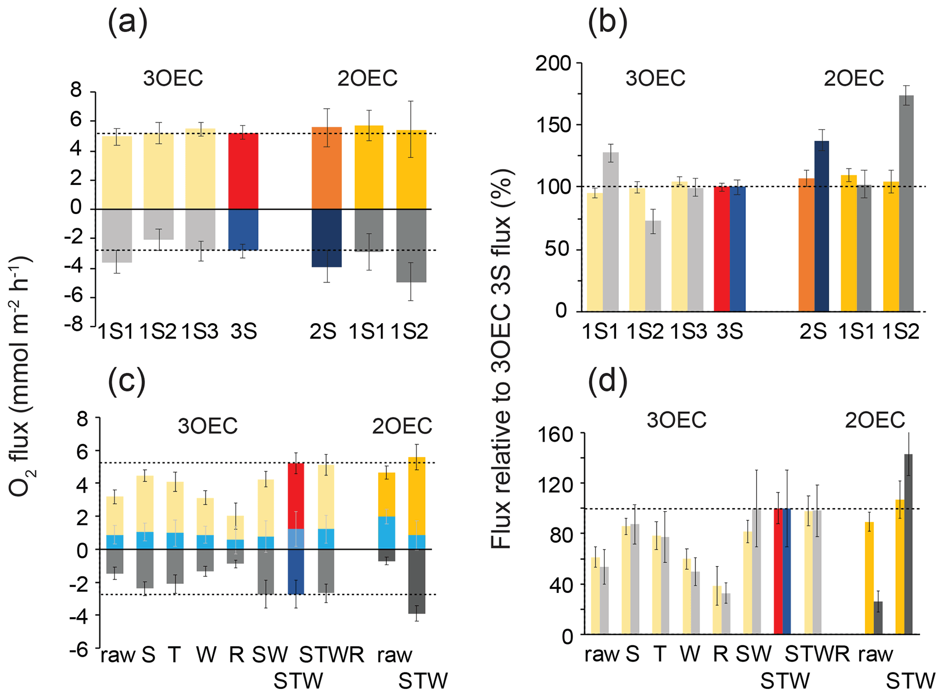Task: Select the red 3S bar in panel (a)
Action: pos(243,171)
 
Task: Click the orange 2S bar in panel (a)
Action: pos(327,168)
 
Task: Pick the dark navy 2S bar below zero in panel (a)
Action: pos(327,238)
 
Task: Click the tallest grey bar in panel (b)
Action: pos(906,203)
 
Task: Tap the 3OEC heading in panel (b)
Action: pos(655,79)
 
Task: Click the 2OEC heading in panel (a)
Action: pos(367,79)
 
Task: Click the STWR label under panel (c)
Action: pos(332,655)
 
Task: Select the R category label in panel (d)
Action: pos(720,654)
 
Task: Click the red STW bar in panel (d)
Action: pos(778,571)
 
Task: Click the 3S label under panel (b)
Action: pos(730,332)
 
